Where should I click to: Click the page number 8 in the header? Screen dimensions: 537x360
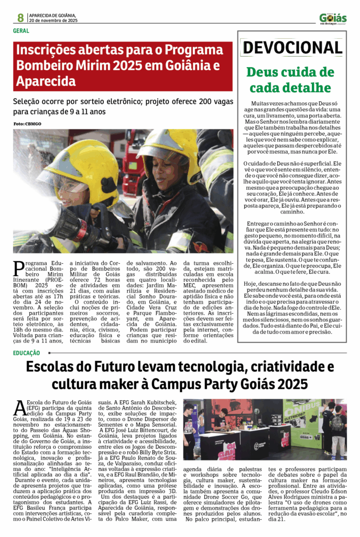(20, 17)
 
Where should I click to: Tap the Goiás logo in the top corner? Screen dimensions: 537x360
(333, 18)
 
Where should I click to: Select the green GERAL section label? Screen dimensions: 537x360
(21, 31)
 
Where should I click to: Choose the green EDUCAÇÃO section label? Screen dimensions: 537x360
(27, 353)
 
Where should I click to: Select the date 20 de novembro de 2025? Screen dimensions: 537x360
(53, 20)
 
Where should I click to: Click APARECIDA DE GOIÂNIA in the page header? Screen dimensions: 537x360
(52, 15)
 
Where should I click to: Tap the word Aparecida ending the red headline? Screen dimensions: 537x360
(46, 82)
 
